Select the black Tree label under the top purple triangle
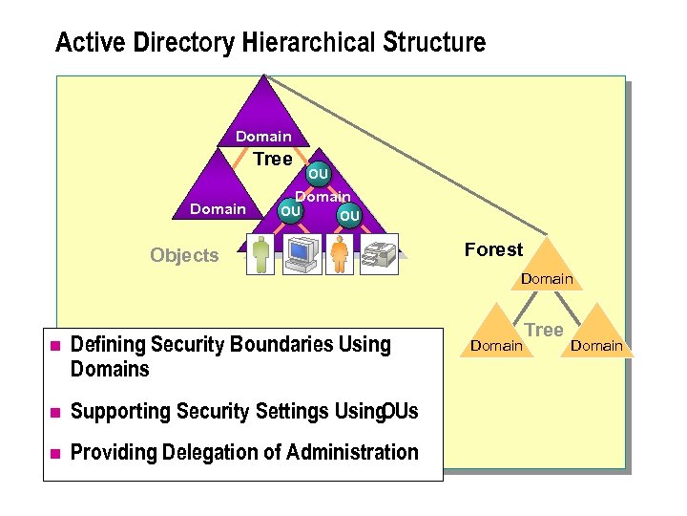tap(272, 160)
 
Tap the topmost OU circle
tap(318, 174)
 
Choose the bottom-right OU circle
tap(349, 216)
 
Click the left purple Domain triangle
tap(219, 196)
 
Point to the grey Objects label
tap(184, 255)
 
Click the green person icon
tap(261, 254)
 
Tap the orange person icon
tap(341, 254)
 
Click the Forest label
tap(493, 249)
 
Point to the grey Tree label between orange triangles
tap(545, 330)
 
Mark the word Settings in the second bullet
tap(290, 411)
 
